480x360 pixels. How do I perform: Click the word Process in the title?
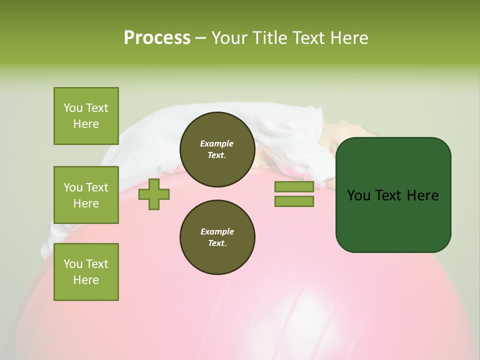click(x=157, y=38)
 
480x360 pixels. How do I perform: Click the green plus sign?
click(x=154, y=194)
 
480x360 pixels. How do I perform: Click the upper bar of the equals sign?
click(x=294, y=187)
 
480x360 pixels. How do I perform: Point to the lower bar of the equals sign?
click(x=294, y=201)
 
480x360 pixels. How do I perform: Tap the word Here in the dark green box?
click(x=422, y=195)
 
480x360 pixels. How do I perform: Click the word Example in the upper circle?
click(x=217, y=143)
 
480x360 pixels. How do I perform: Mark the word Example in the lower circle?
click(x=217, y=231)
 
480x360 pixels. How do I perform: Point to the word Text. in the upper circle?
click(x=217, y=155)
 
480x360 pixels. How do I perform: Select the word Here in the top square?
click(x=86, y=124)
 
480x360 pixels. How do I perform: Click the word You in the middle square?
click(x=72, y=187)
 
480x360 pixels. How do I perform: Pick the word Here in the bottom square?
click(x=86, y=280)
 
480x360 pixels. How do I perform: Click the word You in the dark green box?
click(x=358, y=195)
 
